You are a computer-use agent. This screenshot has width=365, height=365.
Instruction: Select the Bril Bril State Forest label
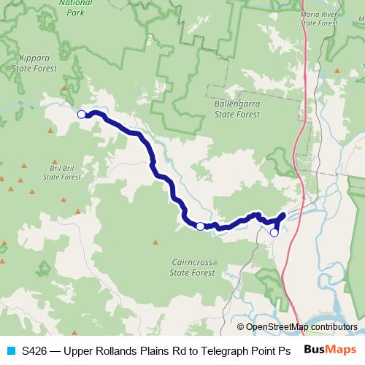tap(60, 172)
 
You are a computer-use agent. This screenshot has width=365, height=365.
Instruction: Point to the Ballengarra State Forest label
tap(236, 109)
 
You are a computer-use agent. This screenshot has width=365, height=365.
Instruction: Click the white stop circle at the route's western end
tap(82, 114)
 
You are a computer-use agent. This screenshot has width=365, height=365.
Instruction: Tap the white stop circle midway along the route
tap(200, 226)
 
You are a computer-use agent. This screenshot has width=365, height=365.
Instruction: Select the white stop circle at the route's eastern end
tap(274, 233)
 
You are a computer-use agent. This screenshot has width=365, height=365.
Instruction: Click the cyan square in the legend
tap(10, 350)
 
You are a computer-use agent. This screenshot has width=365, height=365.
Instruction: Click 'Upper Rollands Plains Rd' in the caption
tap(120, 350)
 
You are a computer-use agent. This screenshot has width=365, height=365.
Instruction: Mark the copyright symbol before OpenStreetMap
tap(241, 327)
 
